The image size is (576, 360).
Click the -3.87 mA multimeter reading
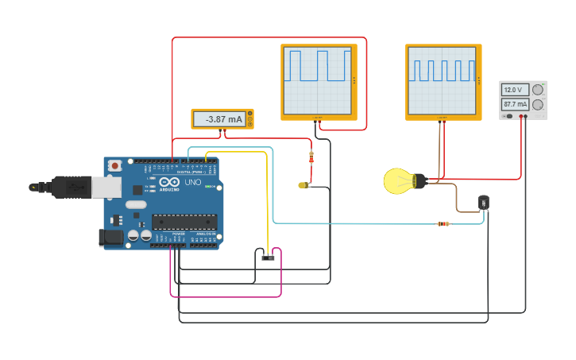[x=222, y=119]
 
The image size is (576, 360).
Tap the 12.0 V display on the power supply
[x=514, y=90]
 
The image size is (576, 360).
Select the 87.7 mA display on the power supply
[x=514, y=104]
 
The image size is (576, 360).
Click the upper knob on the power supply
[x=538, y=90]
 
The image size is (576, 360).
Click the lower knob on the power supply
[x=538, y=105]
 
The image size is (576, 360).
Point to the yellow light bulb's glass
[x=396, y=181]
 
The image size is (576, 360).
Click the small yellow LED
[x=303, y=185]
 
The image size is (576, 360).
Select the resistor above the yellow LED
[x=311, y=157]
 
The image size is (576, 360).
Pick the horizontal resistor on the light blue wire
[x=443, y=223]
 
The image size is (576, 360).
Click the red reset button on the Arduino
[x=115, y=165]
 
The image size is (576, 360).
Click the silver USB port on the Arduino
[x=105, y=187]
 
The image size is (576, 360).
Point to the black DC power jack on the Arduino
[x=111, y=237]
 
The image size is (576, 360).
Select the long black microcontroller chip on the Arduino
[x=184, y=222]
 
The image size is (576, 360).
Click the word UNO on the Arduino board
[x=193, y=182]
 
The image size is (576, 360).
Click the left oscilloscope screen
[x=318, y=81]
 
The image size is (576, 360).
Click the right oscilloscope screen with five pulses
[x=443, y=81]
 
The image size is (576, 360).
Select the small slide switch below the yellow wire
[x=268, y=257]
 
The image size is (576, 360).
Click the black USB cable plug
[x=72, y=187]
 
